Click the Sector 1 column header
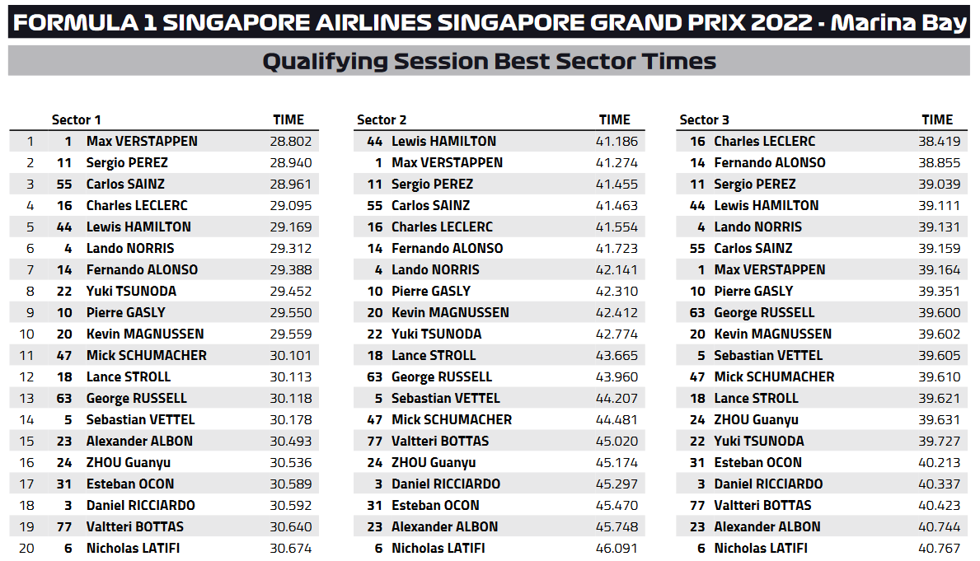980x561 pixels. pyautogui.click(x=77, y=119)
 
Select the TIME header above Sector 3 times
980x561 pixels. pyautogui.click(x=937, y=119)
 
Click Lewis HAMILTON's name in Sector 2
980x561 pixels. pyautogui.click(x=443, y=141)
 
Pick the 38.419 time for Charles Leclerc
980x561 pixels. pyautogui.click(x=939, y=141)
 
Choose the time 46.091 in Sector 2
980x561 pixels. pyautogui.click(x=617, y=548)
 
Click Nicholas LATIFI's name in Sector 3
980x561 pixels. pyautogui.click(x=761, y=548)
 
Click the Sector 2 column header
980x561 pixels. pyautogui.click(x=382, y=119)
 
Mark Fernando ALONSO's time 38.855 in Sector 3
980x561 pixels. pyautogui.click(x=939, y=162)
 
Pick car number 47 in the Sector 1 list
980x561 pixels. pyautogui.click(x=65, y=355)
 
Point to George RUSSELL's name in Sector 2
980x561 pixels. pyautogui.click(x=442, y=376)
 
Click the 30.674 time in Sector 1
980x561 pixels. pyautogui.click(x=290, y=548)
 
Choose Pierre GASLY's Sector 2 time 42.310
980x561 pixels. pyautogui.click(x=617, y=291)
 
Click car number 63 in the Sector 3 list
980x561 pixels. pyautogui.click(x=697, y=312)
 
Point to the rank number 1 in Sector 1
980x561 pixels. pyautogui.click(x=30, y=141)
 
